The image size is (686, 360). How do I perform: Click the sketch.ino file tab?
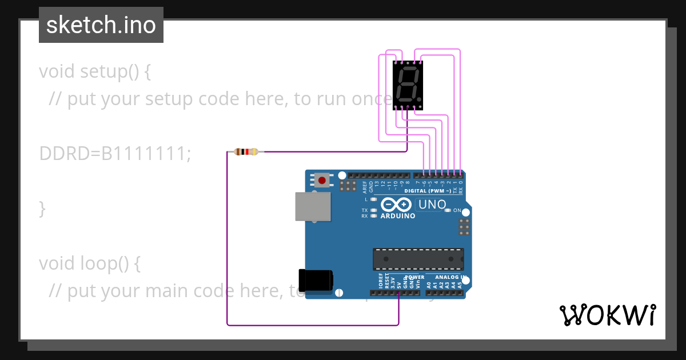[x=101, y=25]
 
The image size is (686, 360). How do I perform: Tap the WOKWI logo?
[x=607, y=315]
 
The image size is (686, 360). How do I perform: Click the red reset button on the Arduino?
[x=322, y=181]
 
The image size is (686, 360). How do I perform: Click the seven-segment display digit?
[x=408, y=84]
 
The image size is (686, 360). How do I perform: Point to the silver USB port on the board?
[x=313, y=206]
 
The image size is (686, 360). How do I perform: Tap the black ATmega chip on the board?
[x=418, y=259]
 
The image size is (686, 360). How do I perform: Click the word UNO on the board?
[x=432, y=205]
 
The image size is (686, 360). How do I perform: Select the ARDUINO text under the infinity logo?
[x=398, y=216]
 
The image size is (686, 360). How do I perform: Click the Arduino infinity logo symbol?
[x=396, y=205]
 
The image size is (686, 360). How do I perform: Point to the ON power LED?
[x=448, y=210]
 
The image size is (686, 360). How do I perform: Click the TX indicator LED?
[x=373, y=210]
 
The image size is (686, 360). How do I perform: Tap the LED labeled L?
[x=373, y=199]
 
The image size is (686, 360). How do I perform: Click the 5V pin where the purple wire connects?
[x=398, y=293]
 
